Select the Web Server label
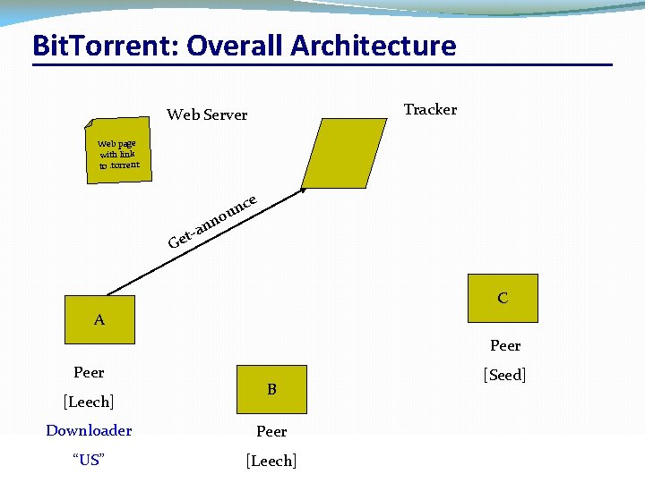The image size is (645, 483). pos(207,114)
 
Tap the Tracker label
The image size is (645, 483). pos(430,109)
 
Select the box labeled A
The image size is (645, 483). pos(99,319)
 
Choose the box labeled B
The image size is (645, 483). pos(271,389)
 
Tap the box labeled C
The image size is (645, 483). pos(503,298)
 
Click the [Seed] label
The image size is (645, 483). pos(504,375)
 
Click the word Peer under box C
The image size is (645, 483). pos(505,345)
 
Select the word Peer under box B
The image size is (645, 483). pos(271,431)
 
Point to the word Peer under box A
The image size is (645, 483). pos(89,372)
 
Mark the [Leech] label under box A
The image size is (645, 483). pos(89,402)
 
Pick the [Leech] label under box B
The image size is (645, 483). pos(271,461)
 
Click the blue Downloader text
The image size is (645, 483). pos(89,430)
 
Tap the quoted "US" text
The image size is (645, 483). pos(89,460)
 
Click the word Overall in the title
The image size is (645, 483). pos(237,45)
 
